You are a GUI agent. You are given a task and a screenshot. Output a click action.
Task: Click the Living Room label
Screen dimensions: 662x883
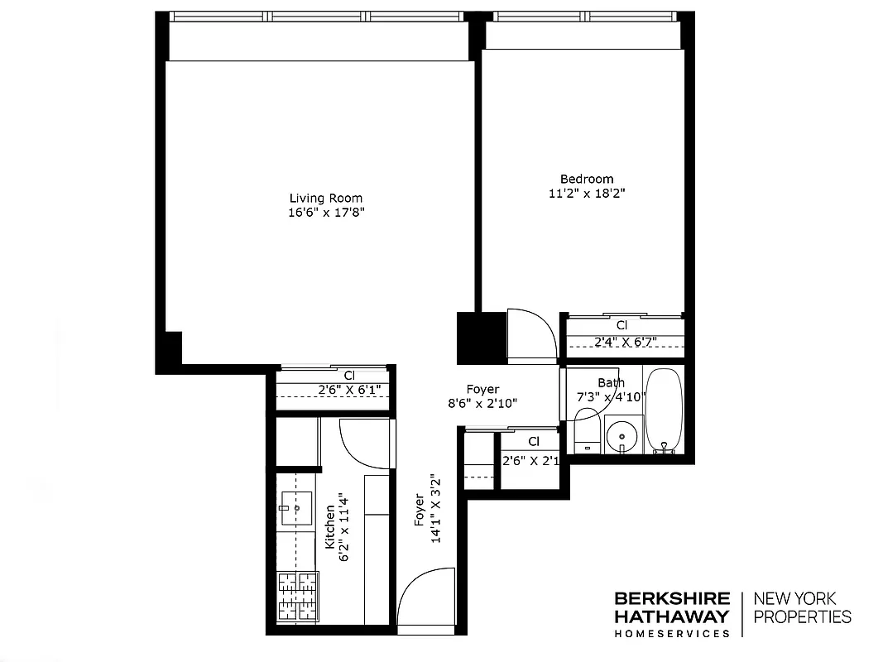(x=325, y=198)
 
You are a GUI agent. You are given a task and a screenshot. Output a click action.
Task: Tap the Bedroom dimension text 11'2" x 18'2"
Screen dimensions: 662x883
(x=587, y=194)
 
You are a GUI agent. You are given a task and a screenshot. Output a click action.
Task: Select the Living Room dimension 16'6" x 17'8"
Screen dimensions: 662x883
(x=325, y=213)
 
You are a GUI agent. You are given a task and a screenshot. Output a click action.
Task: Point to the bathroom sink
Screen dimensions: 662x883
(x=620, y=435)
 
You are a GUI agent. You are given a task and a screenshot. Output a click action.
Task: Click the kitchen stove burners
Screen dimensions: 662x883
(x=297, y=596)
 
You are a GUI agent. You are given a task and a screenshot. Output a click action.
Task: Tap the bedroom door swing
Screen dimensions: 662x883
(x=531, y=334)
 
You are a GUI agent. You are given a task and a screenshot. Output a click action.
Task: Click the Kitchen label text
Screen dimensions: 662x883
(x=330, y=527)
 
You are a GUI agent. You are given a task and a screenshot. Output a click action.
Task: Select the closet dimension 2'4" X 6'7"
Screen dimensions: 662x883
(x=625, y=340)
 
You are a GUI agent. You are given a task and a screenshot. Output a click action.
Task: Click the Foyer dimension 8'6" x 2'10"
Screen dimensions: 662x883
(x=482, y=404)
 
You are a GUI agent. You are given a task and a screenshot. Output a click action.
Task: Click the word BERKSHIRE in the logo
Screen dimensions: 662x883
(x=671, y=598)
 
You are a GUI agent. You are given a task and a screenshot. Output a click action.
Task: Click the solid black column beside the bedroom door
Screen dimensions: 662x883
(x=481, y=337)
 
